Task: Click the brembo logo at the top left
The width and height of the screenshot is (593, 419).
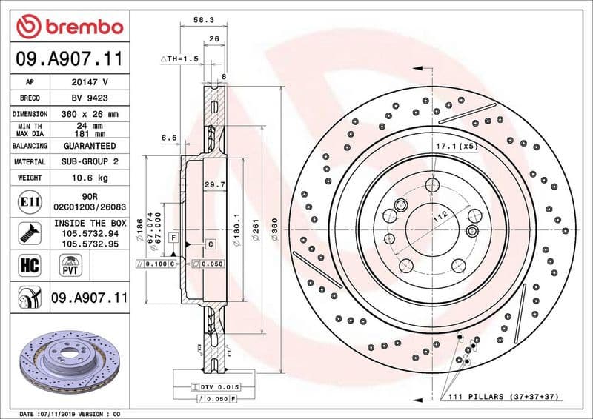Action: pyautogui.click(x=69, y=27)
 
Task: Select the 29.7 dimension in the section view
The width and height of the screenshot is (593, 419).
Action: pyautogui.click(x=214, y=184)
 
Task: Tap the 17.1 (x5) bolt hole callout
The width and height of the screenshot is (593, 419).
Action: pyautogui.click(x=455, y=146)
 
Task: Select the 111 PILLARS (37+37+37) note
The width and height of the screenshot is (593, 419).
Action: pyautogui.click(x=503, y=398)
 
